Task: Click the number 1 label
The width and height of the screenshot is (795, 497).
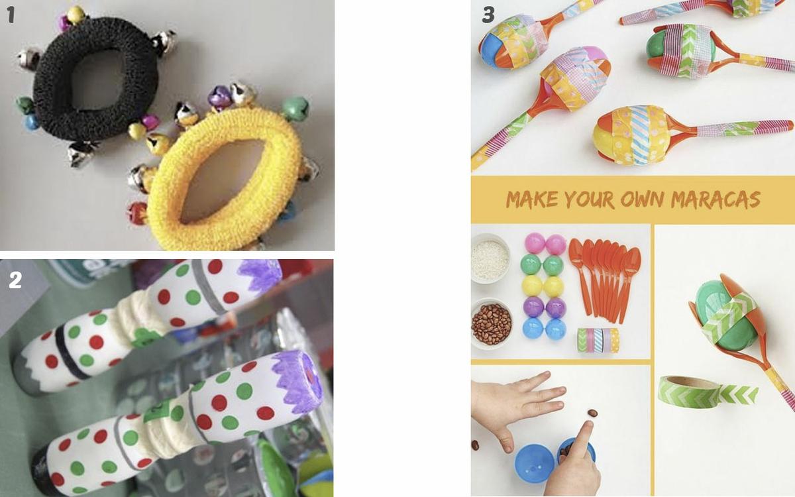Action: pos(11,15)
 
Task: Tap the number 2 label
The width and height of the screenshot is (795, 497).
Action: pos(15,280)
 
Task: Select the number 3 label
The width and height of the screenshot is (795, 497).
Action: pos(488,15)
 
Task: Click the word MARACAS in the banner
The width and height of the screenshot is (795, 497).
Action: pos(715,199)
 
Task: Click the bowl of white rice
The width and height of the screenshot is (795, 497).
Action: pos(490,258)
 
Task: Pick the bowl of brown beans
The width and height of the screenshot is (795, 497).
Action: pos(492,323)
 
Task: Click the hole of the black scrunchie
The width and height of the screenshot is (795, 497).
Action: pos(96,80)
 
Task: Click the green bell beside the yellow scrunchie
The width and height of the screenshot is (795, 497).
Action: pos(295,109)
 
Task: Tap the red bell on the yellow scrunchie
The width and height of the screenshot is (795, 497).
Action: pos(137,213)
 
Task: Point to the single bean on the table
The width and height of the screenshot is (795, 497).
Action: pos(592,414)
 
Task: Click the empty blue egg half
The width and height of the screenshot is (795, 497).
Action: pos(535,463)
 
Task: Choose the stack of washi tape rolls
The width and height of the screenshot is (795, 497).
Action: pos(598,340)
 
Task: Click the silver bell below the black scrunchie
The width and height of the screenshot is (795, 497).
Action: pos(80,154)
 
